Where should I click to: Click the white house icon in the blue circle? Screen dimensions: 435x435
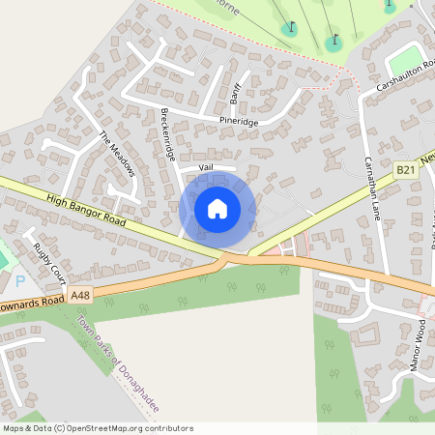(x=217, y=209)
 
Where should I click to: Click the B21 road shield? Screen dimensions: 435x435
(x=406, y=170)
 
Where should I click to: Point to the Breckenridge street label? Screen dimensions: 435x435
(x=166, y=134)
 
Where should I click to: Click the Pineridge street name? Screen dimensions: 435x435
(x=239, y=122)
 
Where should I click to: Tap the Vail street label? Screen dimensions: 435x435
(x=205, y=166)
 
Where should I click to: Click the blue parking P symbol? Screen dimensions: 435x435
(x=20, y=282)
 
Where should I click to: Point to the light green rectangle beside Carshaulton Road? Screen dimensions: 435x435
(x=407, y=56)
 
